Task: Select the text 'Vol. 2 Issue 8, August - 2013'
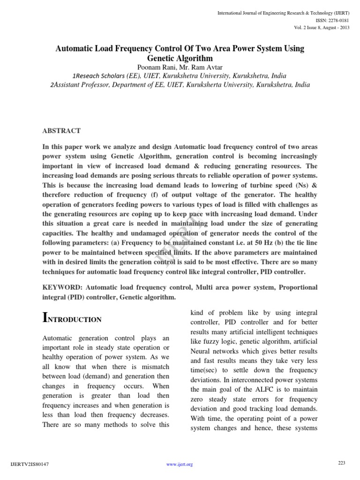[x=322, y=27]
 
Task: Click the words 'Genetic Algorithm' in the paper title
[x=180, y=58]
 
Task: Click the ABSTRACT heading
[x=61, y=131]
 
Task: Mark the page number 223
[x=341, y=463]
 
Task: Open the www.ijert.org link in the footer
[x=180, y=464]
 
